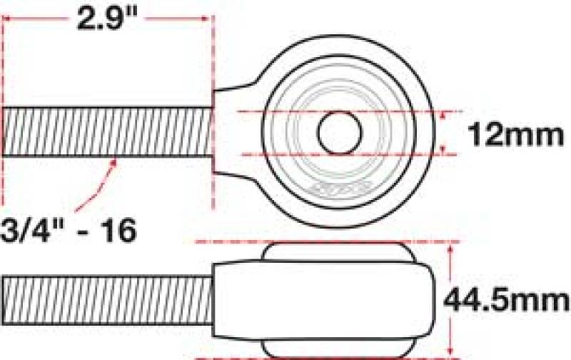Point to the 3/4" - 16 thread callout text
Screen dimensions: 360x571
click(69, 230)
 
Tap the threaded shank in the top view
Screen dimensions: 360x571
click(107, 131)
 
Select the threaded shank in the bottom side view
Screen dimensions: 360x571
click(107, 298)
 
